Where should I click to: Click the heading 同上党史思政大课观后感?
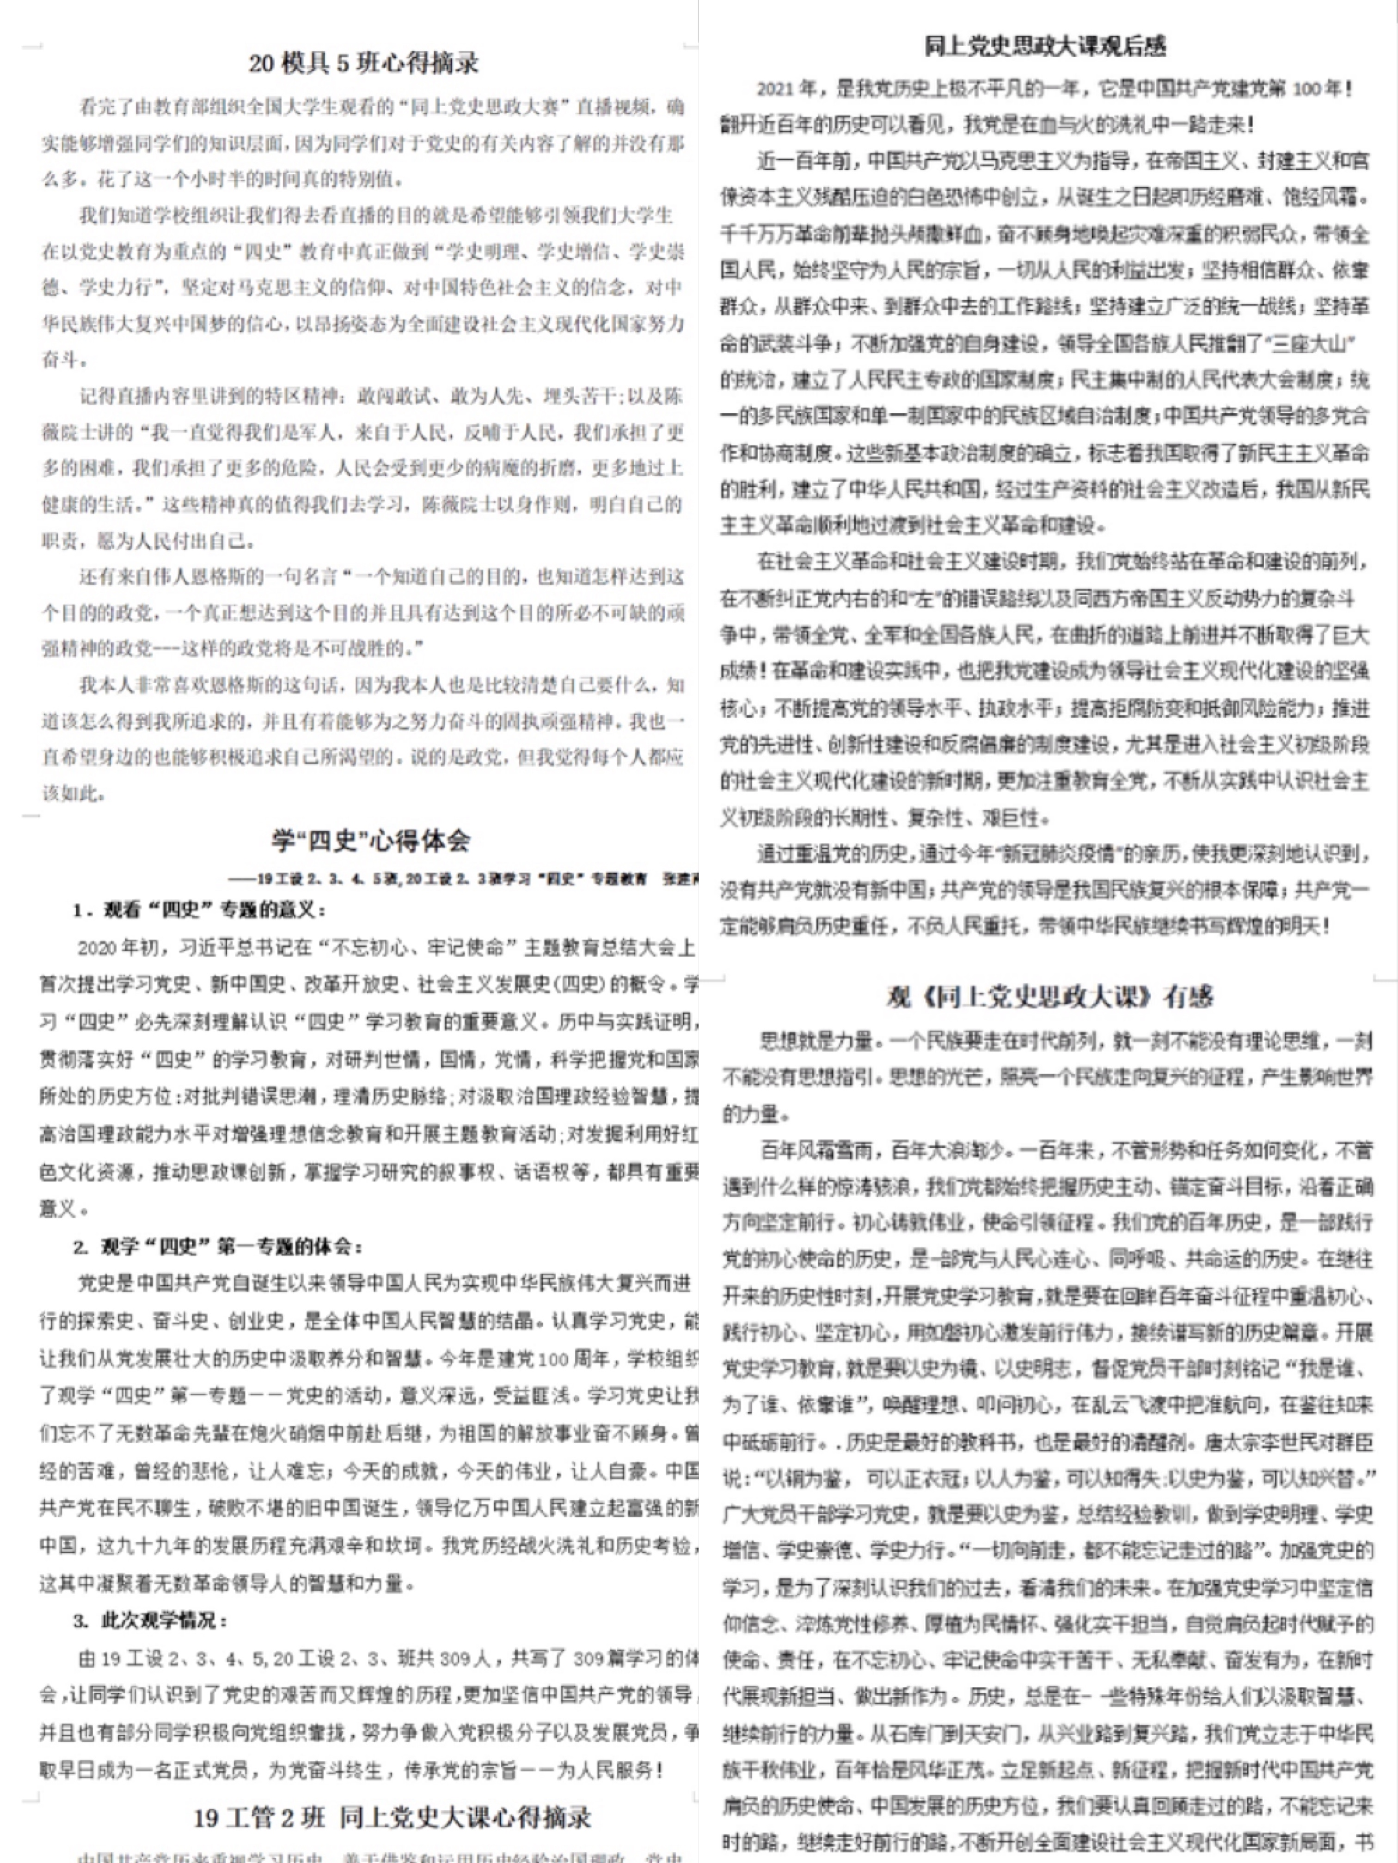(x=1044, y=46)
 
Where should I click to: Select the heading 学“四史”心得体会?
(x=371, y=840)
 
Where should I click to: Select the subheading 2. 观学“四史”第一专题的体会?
(x=219, y=1246)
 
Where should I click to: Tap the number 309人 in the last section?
(x=466, y=1658)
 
